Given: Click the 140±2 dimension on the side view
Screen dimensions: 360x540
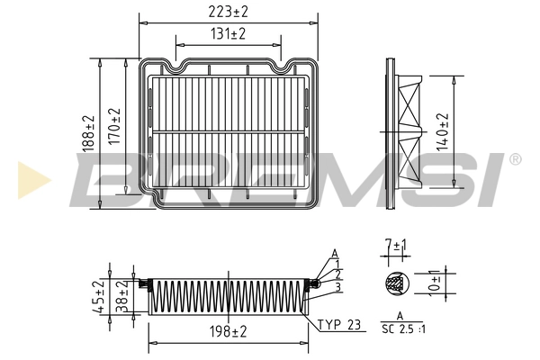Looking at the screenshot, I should [441, 131].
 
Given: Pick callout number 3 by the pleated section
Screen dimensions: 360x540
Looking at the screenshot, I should [336, 287].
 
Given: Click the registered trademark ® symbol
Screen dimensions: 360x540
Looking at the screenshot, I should [514, 159].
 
